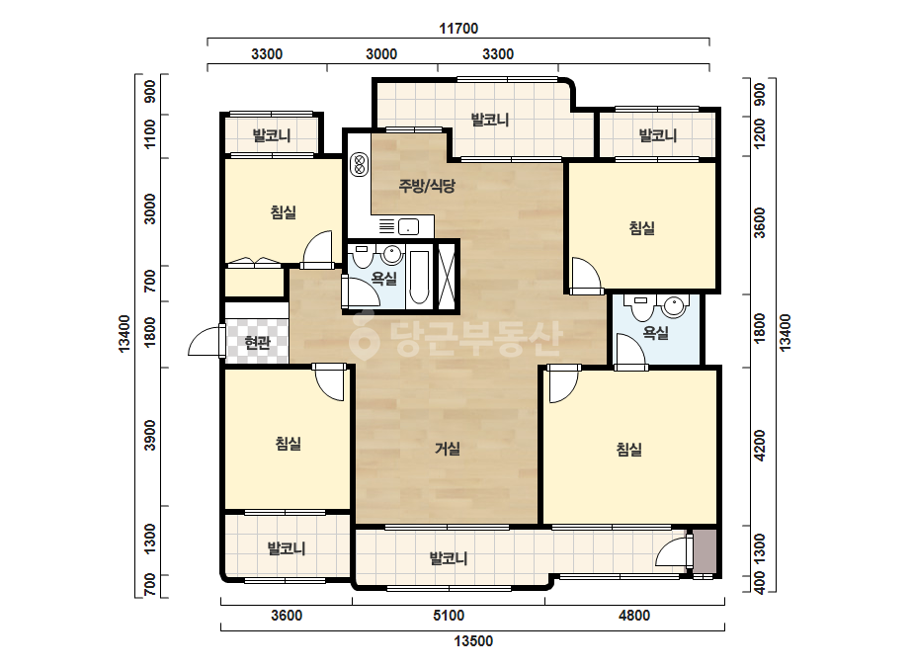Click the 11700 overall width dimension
(x=458, y=28)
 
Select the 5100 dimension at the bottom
(x=449, y=615)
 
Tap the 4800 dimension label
(x=634, y=615)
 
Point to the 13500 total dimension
(x=473, y=640)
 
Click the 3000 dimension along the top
(x=381, y=54)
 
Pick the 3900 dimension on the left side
(x=150, y=435)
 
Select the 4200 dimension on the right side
(x=760, y=445)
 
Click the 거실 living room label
(x=448, y=449)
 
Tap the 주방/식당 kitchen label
(x=427, y=186)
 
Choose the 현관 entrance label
(x=257, y=343)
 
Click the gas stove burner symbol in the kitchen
(x=359, y=164)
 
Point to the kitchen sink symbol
(x=409, y=226)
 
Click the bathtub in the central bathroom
(x=419, y=278)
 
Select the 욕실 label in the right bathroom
(x=655, y=333)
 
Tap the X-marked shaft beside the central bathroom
(x=447, y=277)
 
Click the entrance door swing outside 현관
(x=207, y=341)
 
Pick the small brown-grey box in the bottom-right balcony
(x=705, y=551)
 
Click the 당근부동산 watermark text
(x=456, y=335)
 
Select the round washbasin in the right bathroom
(x=674, y=306)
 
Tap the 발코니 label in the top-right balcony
(x=658, y=135)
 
